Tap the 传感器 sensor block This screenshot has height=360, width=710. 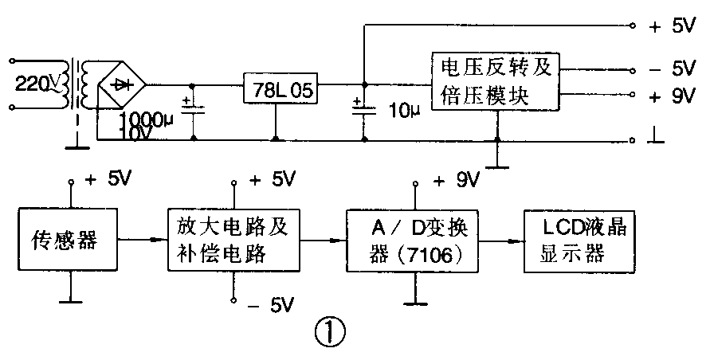67,238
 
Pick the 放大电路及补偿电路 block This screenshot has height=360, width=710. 233,237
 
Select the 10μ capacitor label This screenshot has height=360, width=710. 402,108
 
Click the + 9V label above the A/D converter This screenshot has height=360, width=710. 452,180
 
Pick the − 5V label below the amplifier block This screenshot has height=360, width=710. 271,303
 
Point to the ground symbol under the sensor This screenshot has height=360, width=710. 70,301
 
